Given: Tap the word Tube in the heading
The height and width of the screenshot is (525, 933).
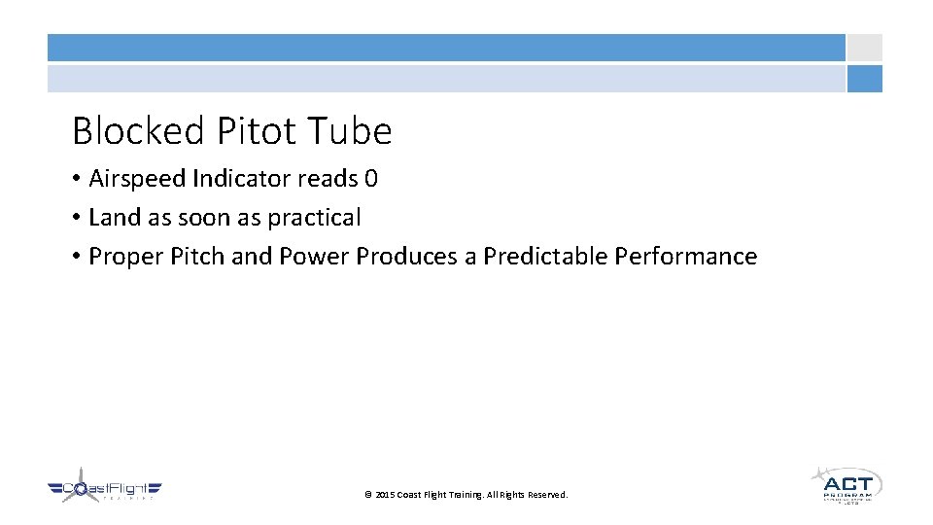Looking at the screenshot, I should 351,131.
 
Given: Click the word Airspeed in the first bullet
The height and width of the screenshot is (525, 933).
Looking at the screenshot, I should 137,179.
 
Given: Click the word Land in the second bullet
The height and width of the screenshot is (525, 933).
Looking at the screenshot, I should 114,218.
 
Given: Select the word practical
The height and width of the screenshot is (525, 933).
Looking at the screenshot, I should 314,218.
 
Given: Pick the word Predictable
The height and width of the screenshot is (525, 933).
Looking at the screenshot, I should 546,257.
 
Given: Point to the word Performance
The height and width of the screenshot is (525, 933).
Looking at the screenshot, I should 687,257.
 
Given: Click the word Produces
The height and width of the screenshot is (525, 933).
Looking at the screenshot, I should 413,257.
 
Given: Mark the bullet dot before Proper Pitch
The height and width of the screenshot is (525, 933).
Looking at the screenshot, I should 77,258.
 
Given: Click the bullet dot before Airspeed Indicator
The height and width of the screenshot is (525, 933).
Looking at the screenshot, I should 77,180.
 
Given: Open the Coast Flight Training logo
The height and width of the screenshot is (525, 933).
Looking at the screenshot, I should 105,489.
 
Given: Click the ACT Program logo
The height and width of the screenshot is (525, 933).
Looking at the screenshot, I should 847,484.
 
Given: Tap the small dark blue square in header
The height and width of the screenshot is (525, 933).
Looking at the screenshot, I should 864,79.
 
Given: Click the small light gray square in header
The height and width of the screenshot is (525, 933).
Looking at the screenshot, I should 864,48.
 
